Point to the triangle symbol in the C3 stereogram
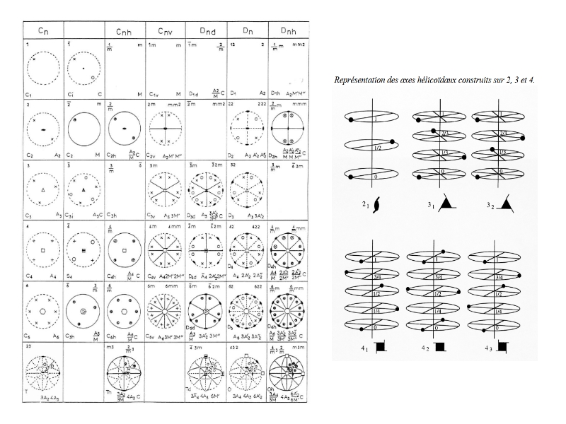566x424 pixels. click(44, 191)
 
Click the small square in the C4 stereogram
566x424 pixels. click(44, 251)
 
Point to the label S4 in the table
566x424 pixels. click(70, 276)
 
